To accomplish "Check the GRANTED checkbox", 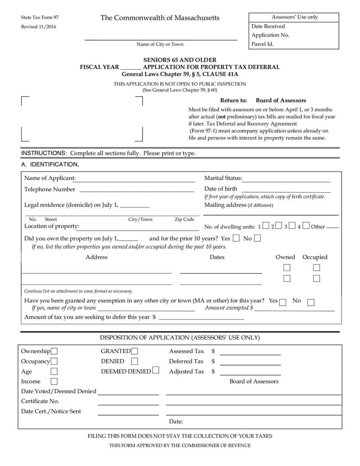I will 135,351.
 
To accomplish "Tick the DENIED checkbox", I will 135,361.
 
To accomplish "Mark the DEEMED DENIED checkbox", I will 156,371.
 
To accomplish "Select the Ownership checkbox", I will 54,351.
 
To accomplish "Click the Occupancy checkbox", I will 54,361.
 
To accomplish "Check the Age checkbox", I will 54,371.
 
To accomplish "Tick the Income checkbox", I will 54,381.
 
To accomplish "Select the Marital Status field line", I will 286,181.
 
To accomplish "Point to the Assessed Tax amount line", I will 250,354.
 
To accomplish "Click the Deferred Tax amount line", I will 250,364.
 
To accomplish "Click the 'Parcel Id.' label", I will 262,44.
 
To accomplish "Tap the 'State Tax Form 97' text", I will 40,17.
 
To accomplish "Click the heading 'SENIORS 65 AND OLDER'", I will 180,60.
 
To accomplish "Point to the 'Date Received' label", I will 268,26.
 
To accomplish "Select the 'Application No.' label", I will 270,35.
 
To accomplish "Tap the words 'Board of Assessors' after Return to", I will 281,100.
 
